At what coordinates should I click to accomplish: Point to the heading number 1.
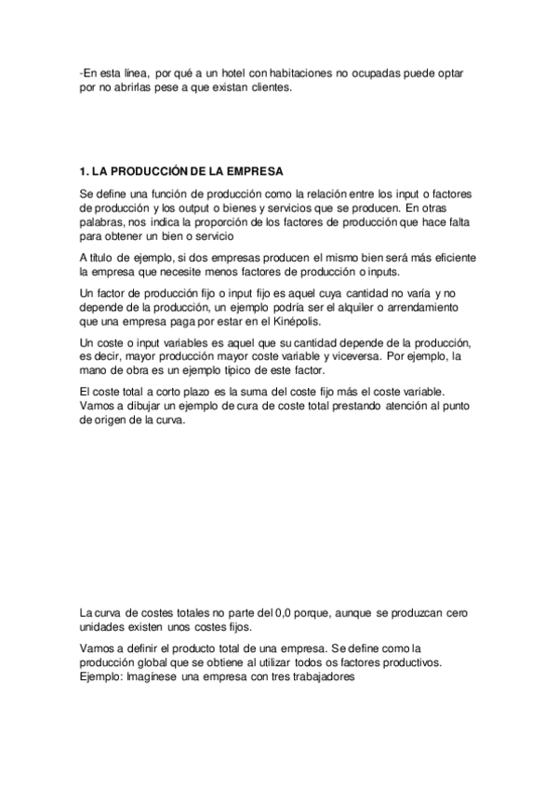[84, 171]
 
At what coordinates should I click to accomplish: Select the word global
[158, 662]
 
